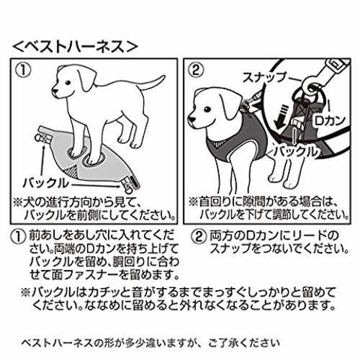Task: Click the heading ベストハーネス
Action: (x=76, y=46)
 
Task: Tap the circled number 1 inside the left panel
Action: (x=24, y=71)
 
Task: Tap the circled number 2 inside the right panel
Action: (x=197, y=71)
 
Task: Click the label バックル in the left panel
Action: (x=45, y=184)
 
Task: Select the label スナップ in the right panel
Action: (x=265, y=77)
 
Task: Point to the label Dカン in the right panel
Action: (x=329, y=121)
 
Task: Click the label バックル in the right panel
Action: (x=297, y=152)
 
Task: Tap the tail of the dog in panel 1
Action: (x=153, y=82)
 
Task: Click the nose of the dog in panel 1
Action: (x=54, y=91)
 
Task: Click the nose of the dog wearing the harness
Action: (x=192, y=119)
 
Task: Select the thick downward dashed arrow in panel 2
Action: (x=279, y=117)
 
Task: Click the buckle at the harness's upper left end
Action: (x=45, y=135)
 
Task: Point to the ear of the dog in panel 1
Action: (x=86, y=77)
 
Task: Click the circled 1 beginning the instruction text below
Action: (x=18, y=237)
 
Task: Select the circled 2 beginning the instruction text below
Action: (x=199, y=237)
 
